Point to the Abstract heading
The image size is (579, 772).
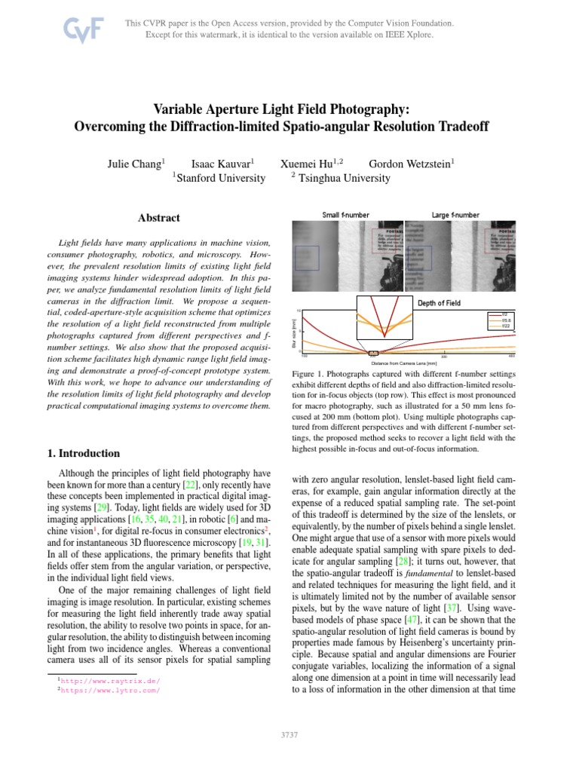(158, 218)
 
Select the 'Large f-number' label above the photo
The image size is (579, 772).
(455, 215)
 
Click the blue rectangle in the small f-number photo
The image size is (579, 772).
(308, 258)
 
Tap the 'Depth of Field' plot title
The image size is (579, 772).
(439, 303)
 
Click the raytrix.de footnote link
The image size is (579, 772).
(110, 680)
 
